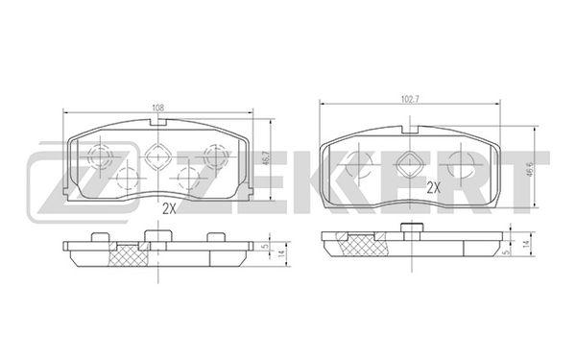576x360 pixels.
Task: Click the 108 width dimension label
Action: (158, 108)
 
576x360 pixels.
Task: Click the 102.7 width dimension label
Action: (410, 99)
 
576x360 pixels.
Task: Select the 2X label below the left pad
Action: (170, 209)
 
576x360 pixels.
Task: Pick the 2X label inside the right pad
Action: (434, 188)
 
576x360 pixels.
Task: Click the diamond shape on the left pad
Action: (157, 156)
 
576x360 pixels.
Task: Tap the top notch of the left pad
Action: (158, 122)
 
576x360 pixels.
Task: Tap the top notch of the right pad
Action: (410, 130)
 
